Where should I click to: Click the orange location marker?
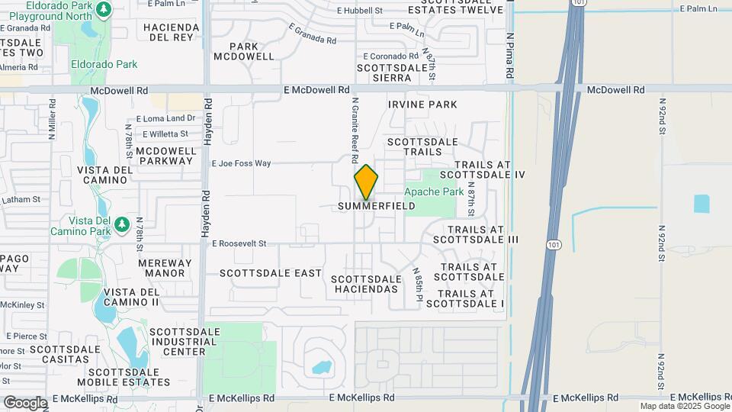point(366,182)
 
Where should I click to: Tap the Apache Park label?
point(434,192)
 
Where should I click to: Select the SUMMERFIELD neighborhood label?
point(377,206)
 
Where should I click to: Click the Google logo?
point(25,402)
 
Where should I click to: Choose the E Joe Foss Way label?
point(241,163)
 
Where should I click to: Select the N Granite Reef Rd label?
point(355,130)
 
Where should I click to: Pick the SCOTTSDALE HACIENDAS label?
point(365,284)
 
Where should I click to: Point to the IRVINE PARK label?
point(422,105)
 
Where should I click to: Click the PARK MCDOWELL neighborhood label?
point(243,51)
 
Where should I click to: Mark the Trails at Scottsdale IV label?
point(490,169)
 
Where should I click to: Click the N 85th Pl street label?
point(418,284)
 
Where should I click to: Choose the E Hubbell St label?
point(359,11)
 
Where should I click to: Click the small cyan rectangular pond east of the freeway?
point(701,204)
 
